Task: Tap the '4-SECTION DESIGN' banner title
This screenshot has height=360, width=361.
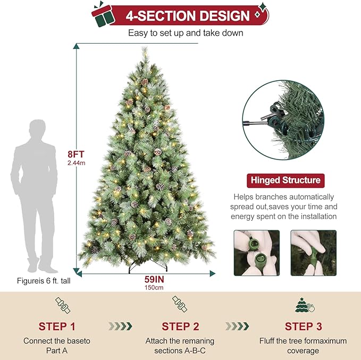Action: tap(187, 16)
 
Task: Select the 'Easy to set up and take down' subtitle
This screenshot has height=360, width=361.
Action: tap(186, 33)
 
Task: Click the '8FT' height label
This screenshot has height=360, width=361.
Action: tap(76, 155)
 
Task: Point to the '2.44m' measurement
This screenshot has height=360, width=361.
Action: tap(76, 163)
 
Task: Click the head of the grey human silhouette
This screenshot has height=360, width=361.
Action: tap(37, 129)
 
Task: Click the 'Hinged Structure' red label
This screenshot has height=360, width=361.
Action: tap(285, 180)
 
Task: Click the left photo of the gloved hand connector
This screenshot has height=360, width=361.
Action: tap(257, 253)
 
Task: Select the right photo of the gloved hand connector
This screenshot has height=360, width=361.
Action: tap(313, 253)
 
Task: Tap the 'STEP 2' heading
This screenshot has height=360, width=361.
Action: tap(180, 326)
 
